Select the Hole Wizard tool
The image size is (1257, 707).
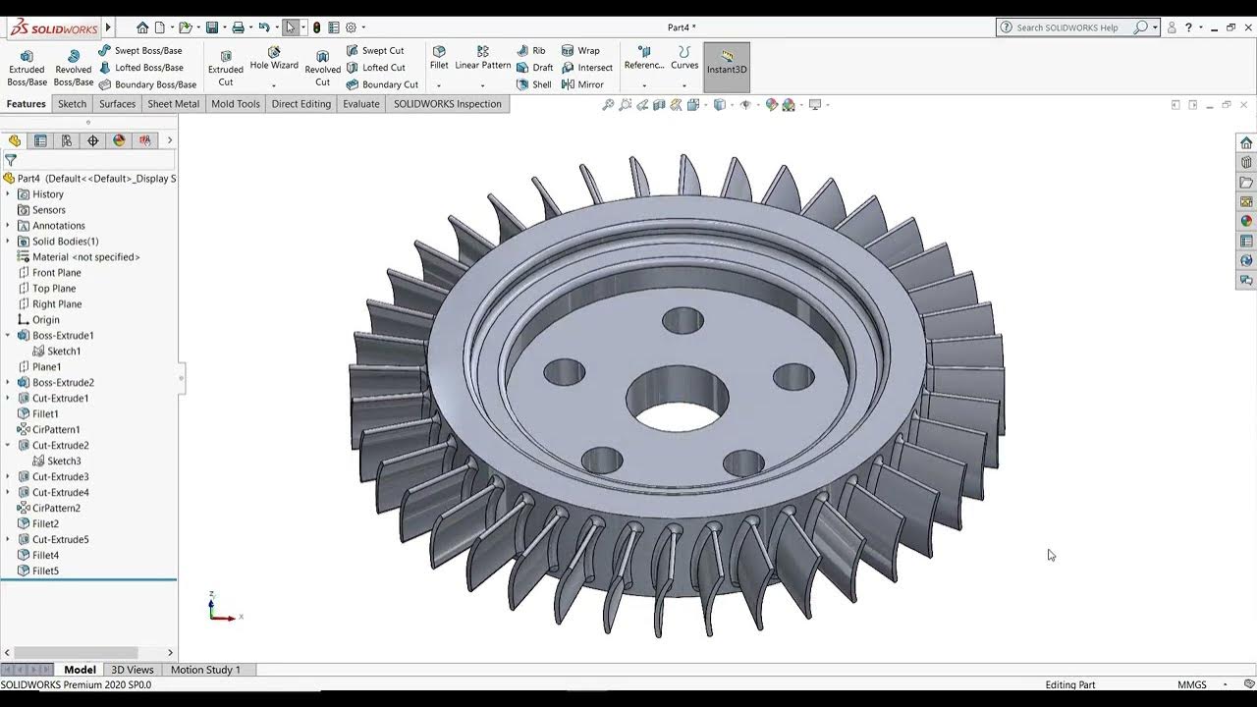click(273, 59)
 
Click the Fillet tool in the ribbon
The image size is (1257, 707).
click(439, 59)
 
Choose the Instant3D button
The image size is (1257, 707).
click(727, 63)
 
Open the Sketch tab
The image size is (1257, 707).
click(72, 104)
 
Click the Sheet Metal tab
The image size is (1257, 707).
click(173, 104)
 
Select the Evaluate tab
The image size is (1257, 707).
click(360, 104)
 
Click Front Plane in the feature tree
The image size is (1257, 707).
click(56, 273)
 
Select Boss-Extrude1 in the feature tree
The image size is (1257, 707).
click(63, 336)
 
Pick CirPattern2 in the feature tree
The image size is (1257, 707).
click(56, 509)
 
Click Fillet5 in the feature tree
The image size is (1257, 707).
click(45, 571)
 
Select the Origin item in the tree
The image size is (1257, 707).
click(45, 320)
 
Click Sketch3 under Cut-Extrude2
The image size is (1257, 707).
click(64, 462)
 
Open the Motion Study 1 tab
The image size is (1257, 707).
click(205, 670)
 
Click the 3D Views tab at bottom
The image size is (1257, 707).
click(133, 670)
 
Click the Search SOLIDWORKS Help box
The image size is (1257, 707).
click(1070, 27)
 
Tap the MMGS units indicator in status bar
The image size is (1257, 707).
click(1192, 684)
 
